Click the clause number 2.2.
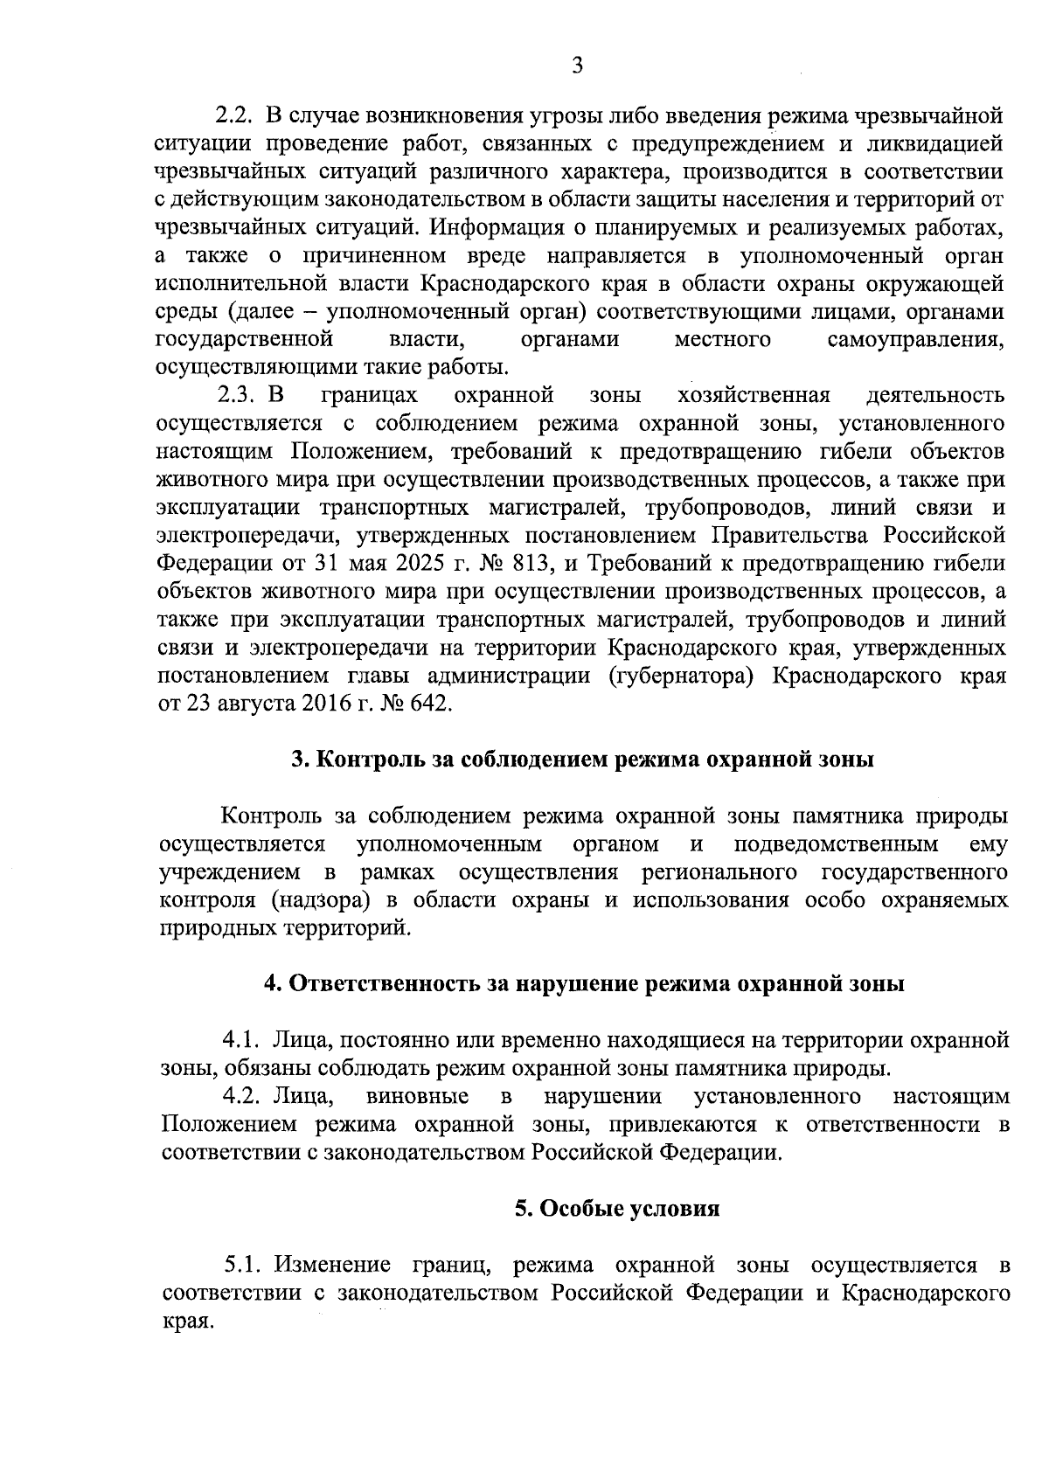point(233,115)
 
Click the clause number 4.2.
point(242,1096)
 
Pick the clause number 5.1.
point(243,1265)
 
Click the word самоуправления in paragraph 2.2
point(914,339)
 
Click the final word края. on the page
point(186,1321)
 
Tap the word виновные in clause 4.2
point(416,1096)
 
